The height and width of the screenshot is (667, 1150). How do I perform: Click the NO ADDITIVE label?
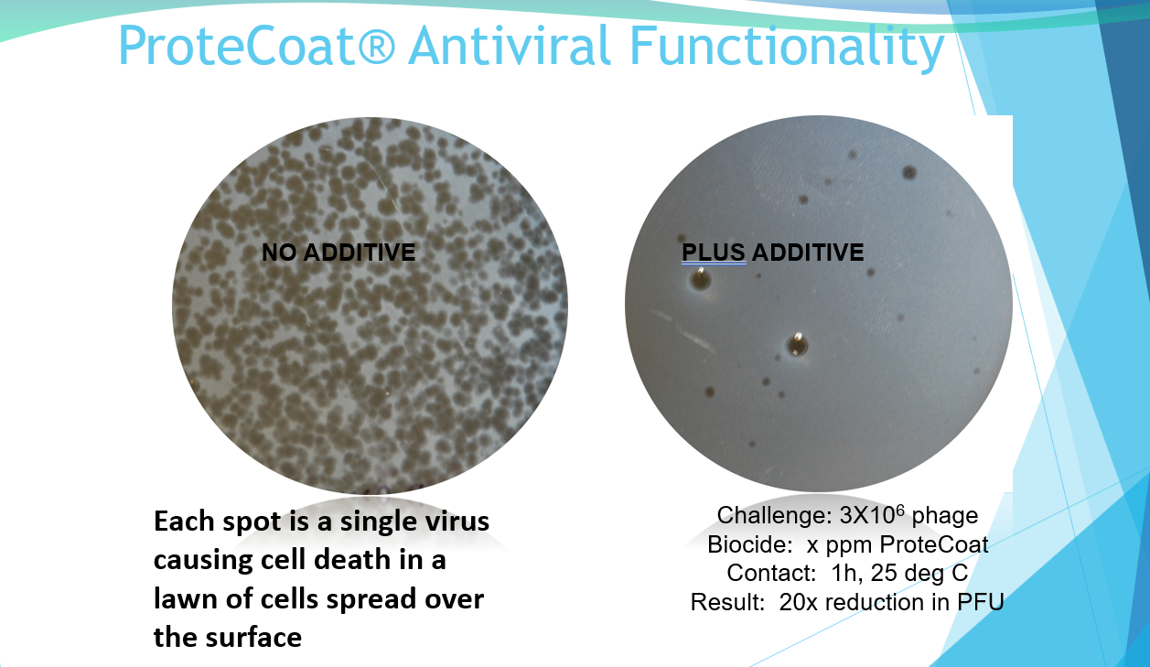pos(339,253)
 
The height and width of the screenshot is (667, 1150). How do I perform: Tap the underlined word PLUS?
pos(713,253)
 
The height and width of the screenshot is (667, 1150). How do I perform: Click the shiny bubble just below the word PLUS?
pos(700,280)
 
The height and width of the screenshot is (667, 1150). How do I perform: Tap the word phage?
pos(945,517)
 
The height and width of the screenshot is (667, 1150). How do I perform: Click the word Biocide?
pos(749,544)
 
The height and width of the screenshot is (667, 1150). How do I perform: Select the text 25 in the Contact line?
pos(884,573)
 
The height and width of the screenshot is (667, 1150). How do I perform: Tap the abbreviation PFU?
pos(980,602)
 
